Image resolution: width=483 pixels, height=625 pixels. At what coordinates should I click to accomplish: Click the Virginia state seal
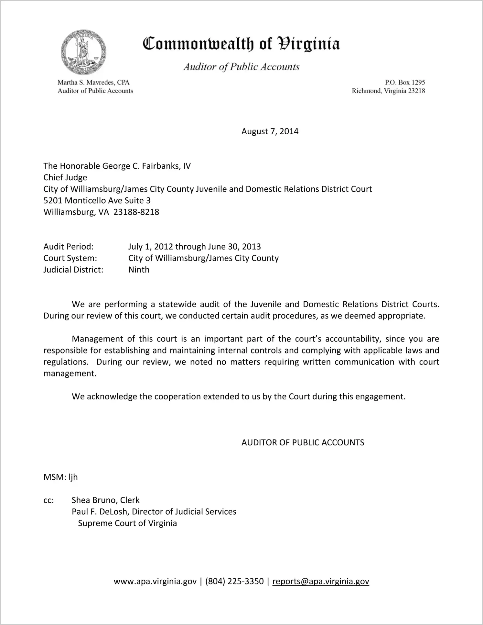[83, 52]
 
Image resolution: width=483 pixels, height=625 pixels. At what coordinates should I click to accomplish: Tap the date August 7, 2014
[270, 131]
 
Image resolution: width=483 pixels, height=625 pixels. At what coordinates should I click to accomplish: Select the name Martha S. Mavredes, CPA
[93, 83]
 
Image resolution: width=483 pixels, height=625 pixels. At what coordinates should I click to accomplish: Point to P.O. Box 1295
[405, 83]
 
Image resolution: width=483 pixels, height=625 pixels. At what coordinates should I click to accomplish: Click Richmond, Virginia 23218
[388, 91]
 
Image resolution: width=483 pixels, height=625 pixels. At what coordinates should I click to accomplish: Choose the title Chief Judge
[65, 177]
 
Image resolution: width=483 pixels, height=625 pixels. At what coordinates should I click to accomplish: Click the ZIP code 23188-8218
[136, 212]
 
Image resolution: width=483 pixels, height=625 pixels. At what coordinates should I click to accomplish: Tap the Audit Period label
[69, 247]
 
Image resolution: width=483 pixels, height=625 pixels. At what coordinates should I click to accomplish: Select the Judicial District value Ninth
[139, 270]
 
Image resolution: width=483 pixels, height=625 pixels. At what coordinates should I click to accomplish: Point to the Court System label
[70, 258]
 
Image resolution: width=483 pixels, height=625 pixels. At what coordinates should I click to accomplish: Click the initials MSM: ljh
[60, 477]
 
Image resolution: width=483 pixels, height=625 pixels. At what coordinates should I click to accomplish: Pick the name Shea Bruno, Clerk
[105, 500]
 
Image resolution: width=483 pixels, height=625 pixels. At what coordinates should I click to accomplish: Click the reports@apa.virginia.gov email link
[320, 581]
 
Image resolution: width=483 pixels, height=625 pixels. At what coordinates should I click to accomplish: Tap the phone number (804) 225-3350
[234, 581]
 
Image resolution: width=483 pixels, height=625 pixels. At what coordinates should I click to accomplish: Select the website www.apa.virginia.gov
[155, 581]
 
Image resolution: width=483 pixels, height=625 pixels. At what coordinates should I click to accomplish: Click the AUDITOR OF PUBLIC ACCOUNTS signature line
[303, 442]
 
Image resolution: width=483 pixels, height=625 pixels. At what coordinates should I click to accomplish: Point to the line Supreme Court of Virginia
[127, 523]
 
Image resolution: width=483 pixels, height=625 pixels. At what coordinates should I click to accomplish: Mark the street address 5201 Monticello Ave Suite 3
[97, 201]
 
